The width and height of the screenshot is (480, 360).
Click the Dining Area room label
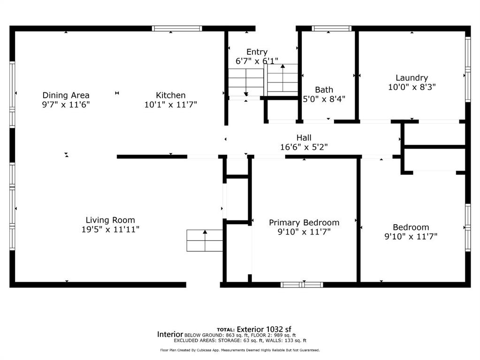point(66,95)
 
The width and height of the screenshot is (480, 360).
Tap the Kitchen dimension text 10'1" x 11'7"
point(170,105)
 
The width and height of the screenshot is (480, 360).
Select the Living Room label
point(110,220)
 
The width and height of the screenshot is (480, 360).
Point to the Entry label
point(257,52)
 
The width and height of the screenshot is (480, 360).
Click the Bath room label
point(324,90)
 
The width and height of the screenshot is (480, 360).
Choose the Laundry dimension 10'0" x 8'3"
point(412,87)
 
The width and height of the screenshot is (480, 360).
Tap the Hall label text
point(304,138)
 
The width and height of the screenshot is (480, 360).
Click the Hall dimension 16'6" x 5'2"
point(304,147)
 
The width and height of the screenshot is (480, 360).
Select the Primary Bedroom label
point(304,222)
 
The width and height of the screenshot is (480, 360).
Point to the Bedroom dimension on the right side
point(411,236)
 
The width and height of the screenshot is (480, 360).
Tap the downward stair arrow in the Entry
point(246,82)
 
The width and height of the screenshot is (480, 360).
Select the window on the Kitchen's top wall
point(177,29)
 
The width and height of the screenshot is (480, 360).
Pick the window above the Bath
point(332,29)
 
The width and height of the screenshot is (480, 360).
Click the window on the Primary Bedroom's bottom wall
point(302,285)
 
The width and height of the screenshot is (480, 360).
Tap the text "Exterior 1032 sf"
point(264,330)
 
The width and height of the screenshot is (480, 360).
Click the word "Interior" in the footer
point(170,334)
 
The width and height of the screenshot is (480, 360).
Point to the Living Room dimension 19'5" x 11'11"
point(110,229)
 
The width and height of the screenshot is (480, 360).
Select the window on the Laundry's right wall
point(468,69)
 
